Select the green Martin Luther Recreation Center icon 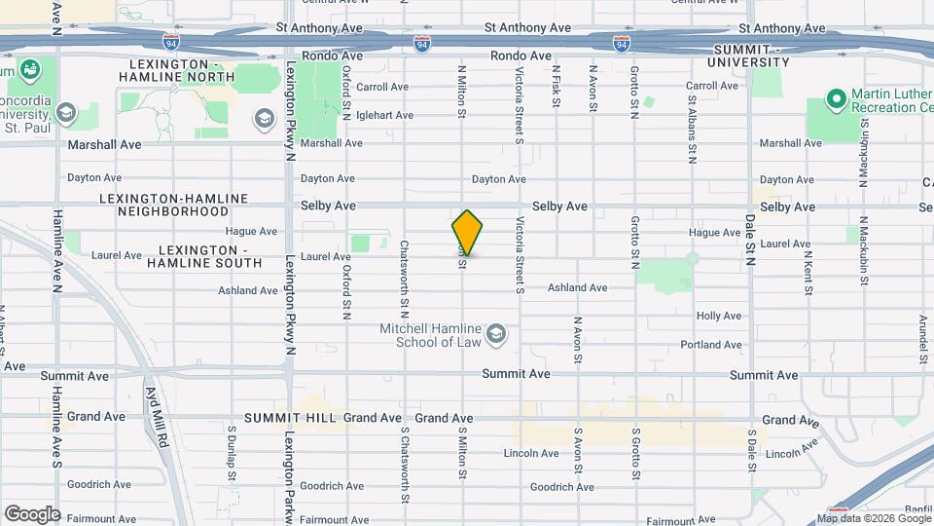tap(835, 99)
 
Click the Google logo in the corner tap(32, 513)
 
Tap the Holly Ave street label tap(719, 317)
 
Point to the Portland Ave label tap(711, 345)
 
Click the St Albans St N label tap(692, 128)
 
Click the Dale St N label tap(750, 234)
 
